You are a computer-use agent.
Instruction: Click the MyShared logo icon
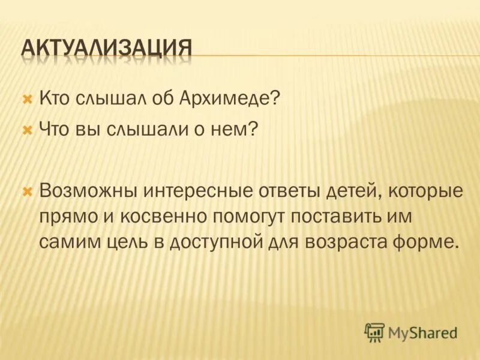[374, 332]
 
